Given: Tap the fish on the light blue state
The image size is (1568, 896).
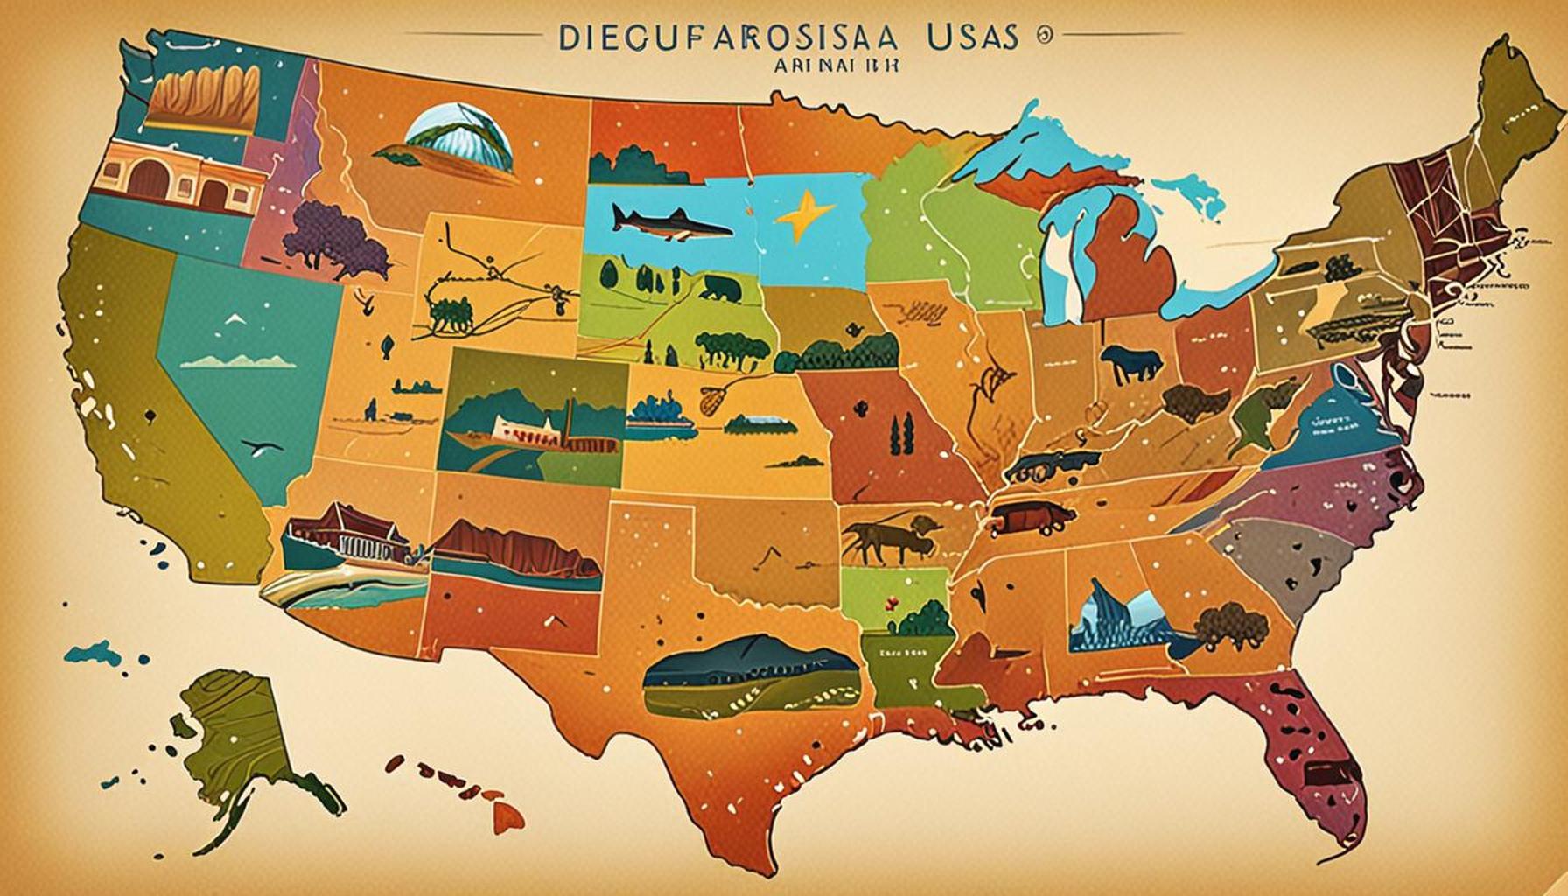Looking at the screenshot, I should click(669, 224).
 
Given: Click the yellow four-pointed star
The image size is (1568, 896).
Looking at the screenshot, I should click(802, 218).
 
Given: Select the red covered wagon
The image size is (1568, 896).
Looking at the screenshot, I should click(1028, 519).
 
